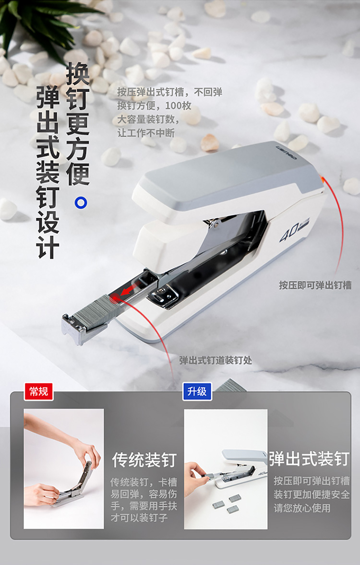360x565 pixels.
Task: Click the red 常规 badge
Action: pyautogui.click(x=38, y=391)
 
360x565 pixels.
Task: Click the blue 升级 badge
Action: pyautogui.click(x=197, y=391)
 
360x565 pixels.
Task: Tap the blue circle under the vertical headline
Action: pyautogui.click(x=81, y=202)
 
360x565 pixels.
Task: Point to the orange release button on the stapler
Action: pyautogui.click(x=320, y=179)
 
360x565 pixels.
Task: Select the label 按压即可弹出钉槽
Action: pyautogui.click(x=315, y=285)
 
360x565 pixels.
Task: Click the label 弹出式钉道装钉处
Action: pyautogui.click(x=216, y=360)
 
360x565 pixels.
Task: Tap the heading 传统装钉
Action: pyautogui.click(x=144, y=460)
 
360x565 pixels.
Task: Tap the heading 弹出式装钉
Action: pyautogui.click(x=310, y=459)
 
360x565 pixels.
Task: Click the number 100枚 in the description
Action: pyautogui.click(x=178, y=106)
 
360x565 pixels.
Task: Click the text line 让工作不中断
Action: pyautogui.click(x=146, y=133)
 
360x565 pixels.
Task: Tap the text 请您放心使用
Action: pyautogui.click(x=302, y=508)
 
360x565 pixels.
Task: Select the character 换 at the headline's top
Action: pyautogui.click(x=78, y=73)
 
